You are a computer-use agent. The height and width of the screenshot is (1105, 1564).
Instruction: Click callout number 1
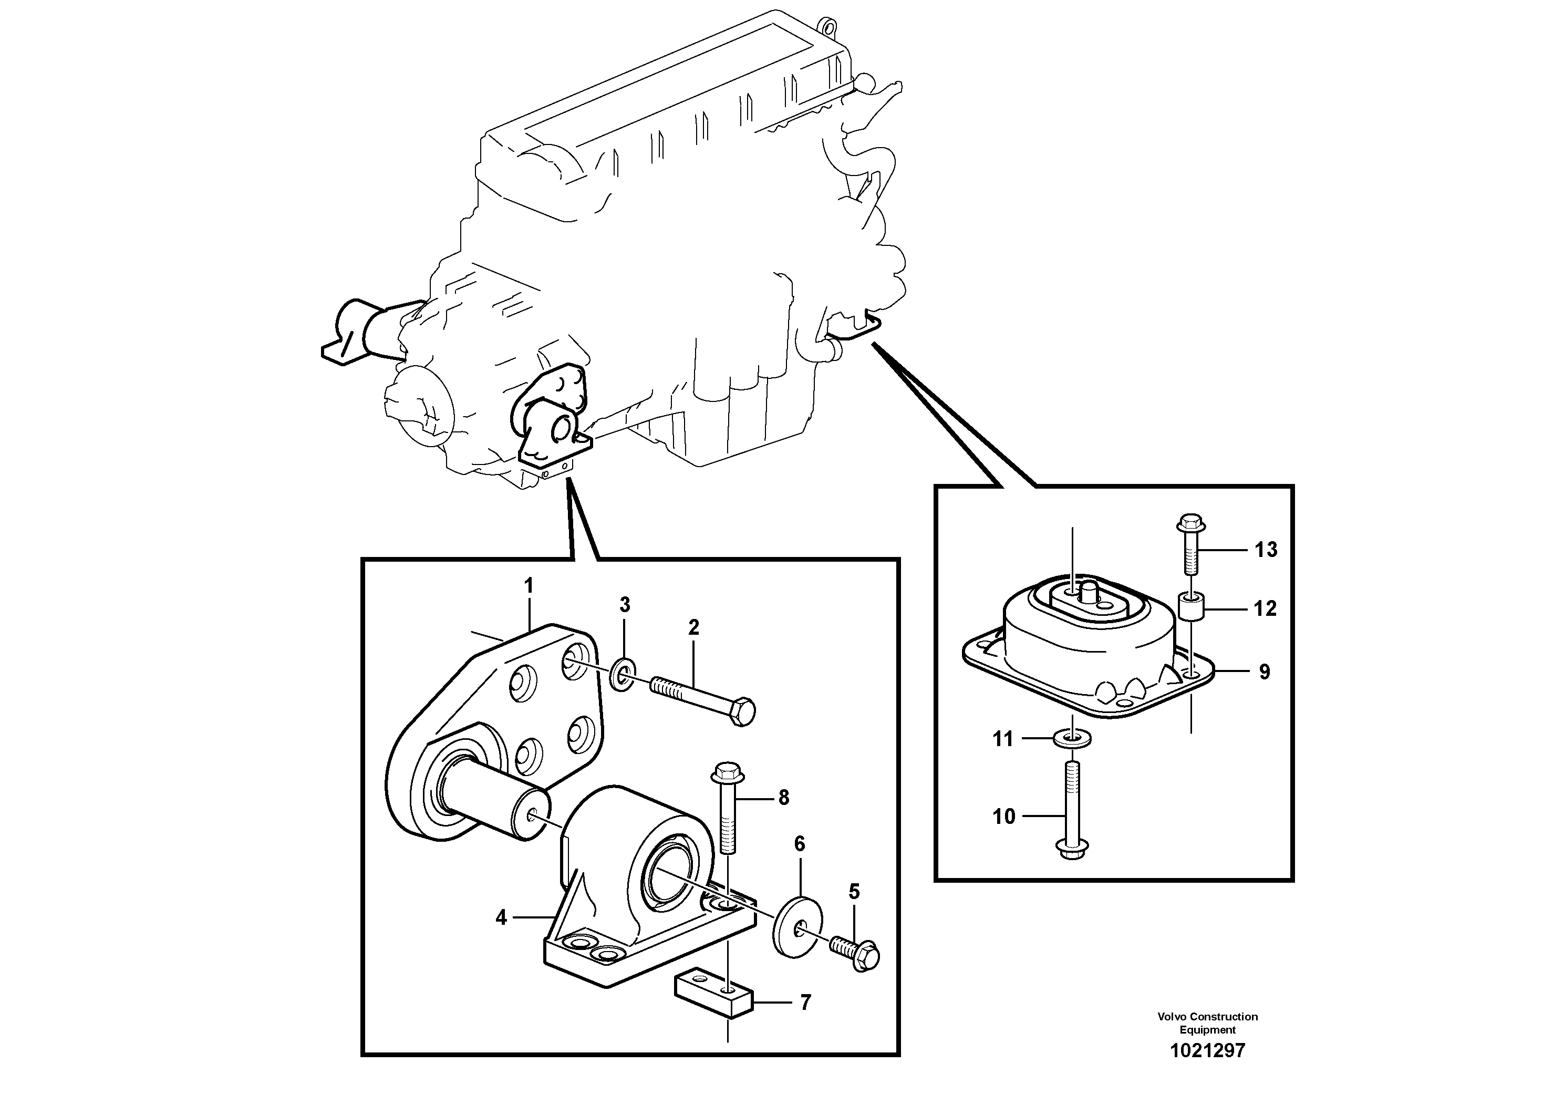[528, 585]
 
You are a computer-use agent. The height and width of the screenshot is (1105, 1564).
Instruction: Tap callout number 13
[1266, 549]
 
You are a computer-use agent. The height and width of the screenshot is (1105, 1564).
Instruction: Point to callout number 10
[1003, 815]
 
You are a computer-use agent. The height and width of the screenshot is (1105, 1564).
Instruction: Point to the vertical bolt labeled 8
[728, 811]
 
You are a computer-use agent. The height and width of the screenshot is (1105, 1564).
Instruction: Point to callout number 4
[501, 917]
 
